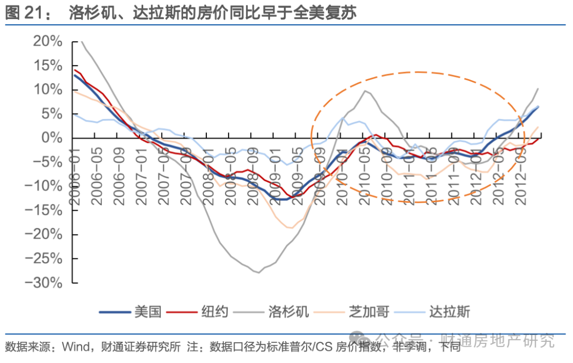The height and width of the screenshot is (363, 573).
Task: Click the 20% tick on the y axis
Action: click(x=48, y=41)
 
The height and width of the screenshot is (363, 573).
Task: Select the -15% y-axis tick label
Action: click(x=45, y=211)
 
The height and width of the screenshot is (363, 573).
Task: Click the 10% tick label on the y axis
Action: click(x=48, y=90)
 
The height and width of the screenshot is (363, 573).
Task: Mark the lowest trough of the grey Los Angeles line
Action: click(x=258, y=272)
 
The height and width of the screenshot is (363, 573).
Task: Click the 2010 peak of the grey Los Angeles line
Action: click(x=365, y=91)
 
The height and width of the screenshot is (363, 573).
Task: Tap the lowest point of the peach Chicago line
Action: click(x=290, y=228)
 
